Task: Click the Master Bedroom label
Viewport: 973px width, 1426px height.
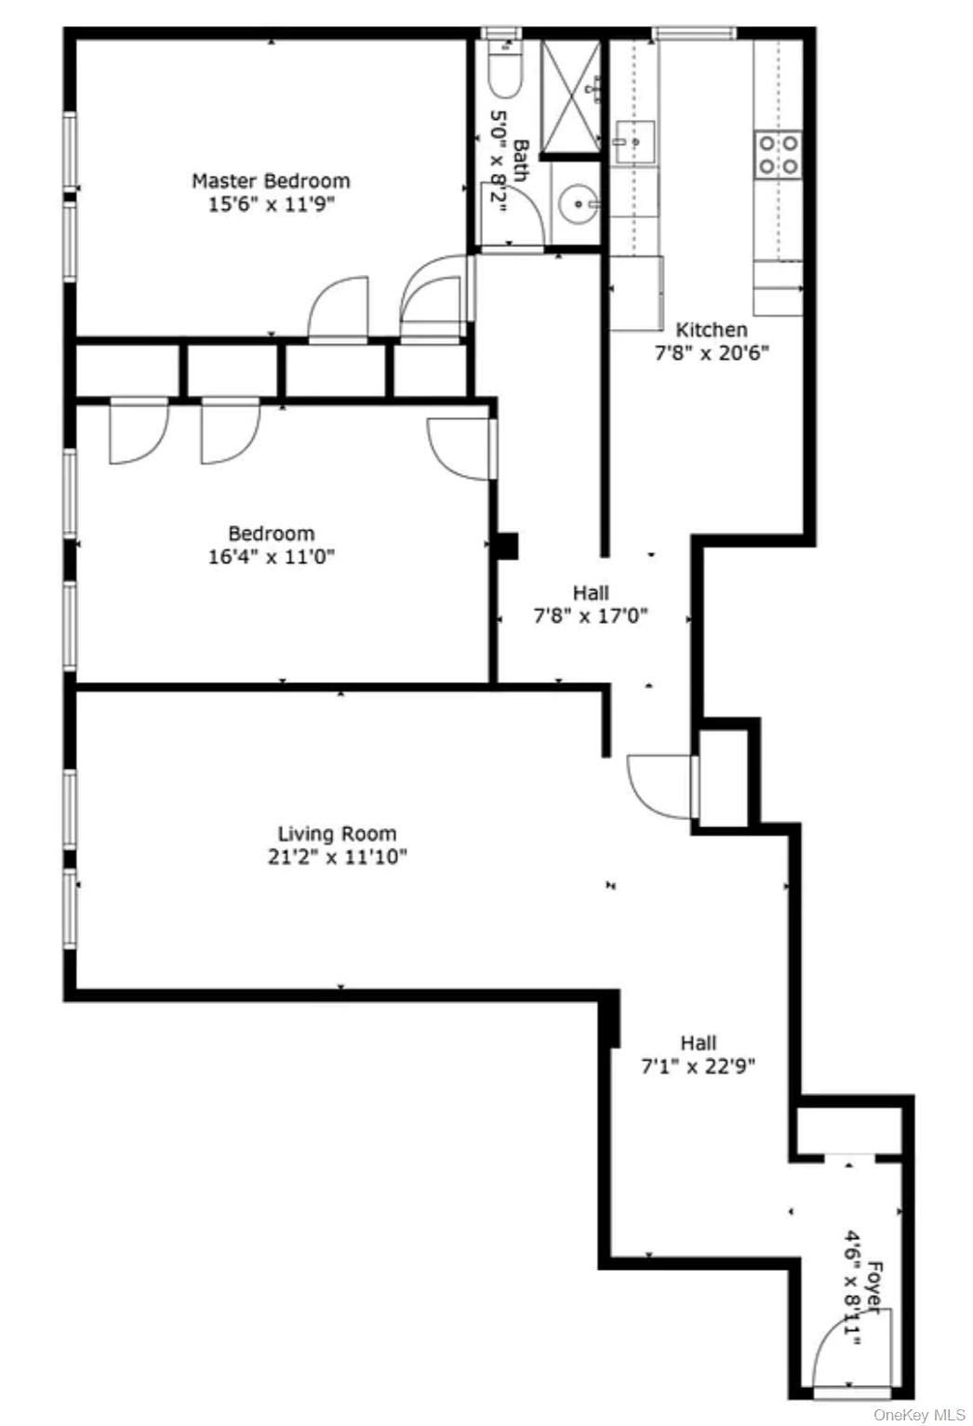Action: pos(271,180)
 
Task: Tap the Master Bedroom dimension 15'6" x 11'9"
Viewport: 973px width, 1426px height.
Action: pos(271,205)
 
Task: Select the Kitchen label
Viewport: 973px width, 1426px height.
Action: pos(712,329)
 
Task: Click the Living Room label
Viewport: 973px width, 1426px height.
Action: pos(337,833)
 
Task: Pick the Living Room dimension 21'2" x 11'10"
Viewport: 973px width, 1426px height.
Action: pos(337,856)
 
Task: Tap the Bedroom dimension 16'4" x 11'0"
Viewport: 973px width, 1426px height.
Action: pos(272,558)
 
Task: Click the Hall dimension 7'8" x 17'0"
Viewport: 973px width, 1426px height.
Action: pos(591,615)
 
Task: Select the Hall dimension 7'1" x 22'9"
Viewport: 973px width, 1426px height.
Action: pos(698,1066)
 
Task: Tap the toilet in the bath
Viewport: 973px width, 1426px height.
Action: pos(504,73)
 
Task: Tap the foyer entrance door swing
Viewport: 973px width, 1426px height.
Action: pos(848,1348)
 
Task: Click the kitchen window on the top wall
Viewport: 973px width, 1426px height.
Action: pos(693,33)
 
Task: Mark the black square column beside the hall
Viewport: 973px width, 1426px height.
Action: pos(507,546)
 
